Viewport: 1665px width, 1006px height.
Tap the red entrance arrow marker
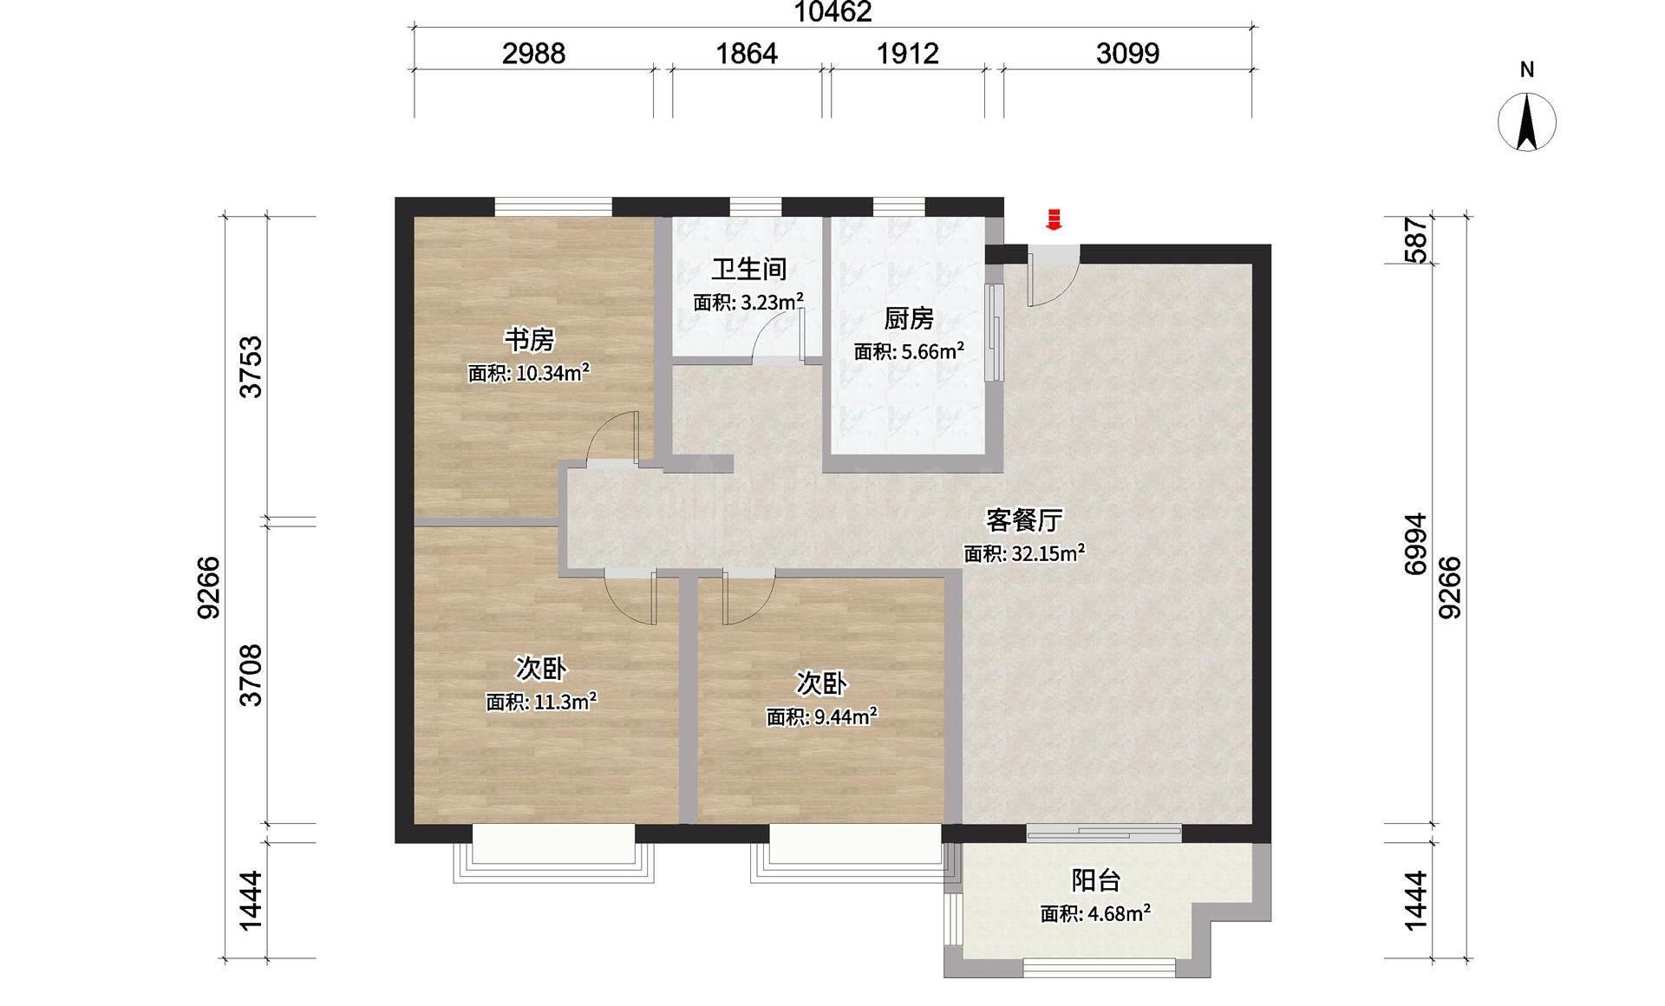[x=1054, y=219]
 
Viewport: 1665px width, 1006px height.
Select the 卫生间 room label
[x=749, y=269]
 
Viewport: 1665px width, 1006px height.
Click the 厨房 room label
[x=909, y=319]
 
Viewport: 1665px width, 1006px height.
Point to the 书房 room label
[x=529, y=339]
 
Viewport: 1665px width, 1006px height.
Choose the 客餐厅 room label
[x=1024, y=519]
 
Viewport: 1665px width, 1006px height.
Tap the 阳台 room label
[x=1096, y=880]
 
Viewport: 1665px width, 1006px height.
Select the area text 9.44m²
[x=846, y=716]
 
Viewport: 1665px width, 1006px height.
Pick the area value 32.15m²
[x=1048, y=552]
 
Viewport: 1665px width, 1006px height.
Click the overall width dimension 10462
[x=832, y=12]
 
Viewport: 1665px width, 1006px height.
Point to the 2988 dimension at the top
[x=534, y=54]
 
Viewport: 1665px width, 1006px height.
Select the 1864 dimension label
[x=747, y=54]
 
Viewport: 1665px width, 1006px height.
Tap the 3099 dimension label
[x=1127, y=54]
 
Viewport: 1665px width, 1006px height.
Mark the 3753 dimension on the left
[x=251, y=366]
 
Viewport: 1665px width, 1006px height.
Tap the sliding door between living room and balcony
[x=1104, y=833]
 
